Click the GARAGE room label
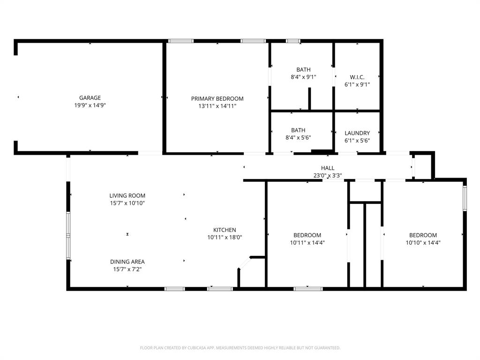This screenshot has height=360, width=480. [x=90, y=98]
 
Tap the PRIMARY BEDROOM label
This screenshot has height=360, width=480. [x=217, y=98]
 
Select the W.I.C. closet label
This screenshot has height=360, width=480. [x=357, y=77]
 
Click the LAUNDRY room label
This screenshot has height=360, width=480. [x=357, y=133]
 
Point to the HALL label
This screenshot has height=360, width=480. [x=328, y=168]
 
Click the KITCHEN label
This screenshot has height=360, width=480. [x=225, y=230]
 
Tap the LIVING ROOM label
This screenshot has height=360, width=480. [x=127, y=195]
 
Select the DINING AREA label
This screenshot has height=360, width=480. [x=127, y=262]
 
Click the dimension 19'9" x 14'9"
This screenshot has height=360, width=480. [x=90, y=105]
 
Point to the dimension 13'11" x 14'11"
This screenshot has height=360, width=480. [x=217, y=106]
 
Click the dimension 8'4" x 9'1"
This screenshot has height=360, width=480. [x=303, y=77]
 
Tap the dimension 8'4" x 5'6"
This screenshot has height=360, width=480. [x=298, y=137]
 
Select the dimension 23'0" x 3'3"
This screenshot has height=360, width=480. [x=328, y=176]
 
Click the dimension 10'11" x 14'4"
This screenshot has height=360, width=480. [x=307, y=243]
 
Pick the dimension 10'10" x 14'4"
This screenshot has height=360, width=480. [x=423, y=243]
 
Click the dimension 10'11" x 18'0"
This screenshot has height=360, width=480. [x=225, y=237]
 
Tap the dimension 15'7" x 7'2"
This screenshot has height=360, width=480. [x=127, y=269]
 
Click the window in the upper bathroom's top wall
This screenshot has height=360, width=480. [x=293, y=41]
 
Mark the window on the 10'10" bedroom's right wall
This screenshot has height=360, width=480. [x=465, y=198]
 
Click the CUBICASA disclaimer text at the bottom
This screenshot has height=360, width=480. [x=240, y=348]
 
